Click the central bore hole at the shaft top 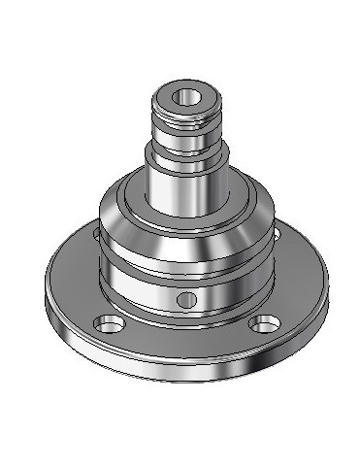(x=185, y=98)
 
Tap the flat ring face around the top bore (x=169, y=100)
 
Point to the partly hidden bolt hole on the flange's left (x=94, y=234)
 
